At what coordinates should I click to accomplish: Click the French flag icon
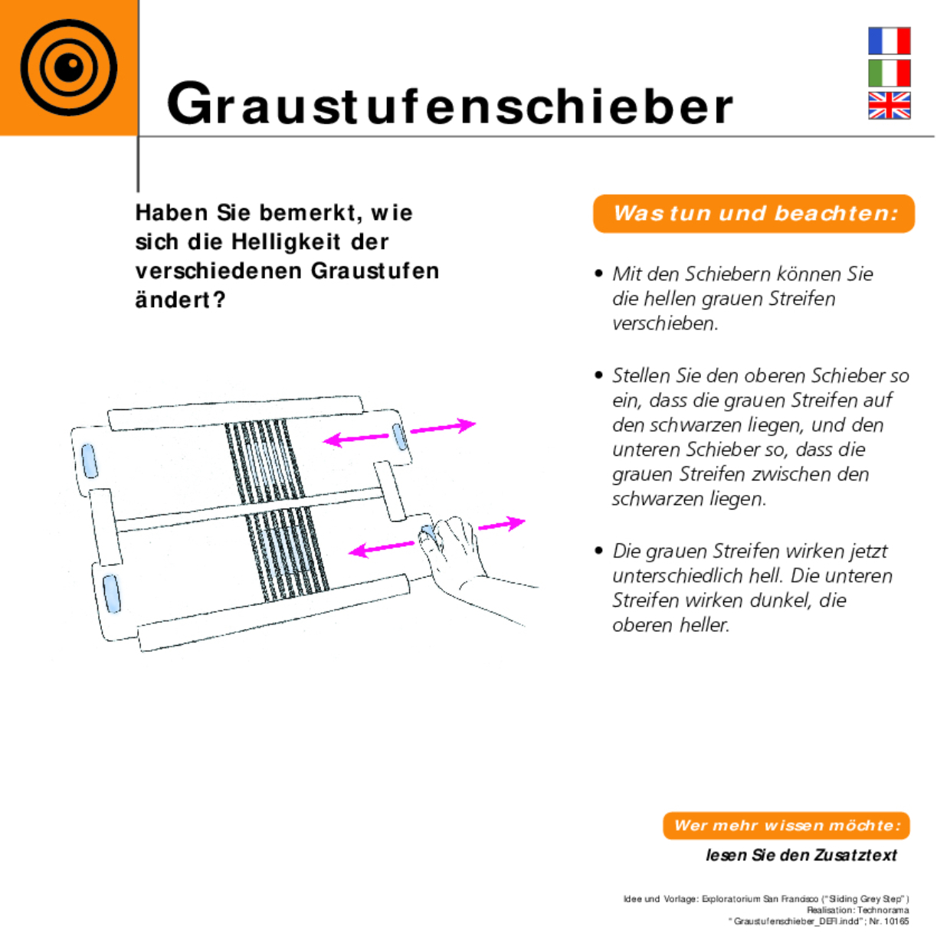pos(889,41)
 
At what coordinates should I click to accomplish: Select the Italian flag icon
pos(889,74)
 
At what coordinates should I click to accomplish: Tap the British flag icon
pos(889,106)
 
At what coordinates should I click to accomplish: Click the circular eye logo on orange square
pos(68,67)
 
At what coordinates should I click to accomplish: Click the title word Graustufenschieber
pos(450,105)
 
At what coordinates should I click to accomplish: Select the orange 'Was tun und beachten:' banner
pos(754,214)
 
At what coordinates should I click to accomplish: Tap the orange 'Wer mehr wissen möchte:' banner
pos(786,826)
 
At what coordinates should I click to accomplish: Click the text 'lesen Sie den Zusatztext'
pos(801,855)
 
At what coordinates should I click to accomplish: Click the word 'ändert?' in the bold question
pos(180,300)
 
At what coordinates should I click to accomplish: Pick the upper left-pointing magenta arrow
pos(356,439)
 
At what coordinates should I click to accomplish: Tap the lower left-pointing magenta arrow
pos(382,549)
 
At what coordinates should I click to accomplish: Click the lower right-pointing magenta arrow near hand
pos(502,525)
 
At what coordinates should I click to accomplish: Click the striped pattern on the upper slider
pos(264,460)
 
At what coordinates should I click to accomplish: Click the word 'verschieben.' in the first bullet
pos(665,323)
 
